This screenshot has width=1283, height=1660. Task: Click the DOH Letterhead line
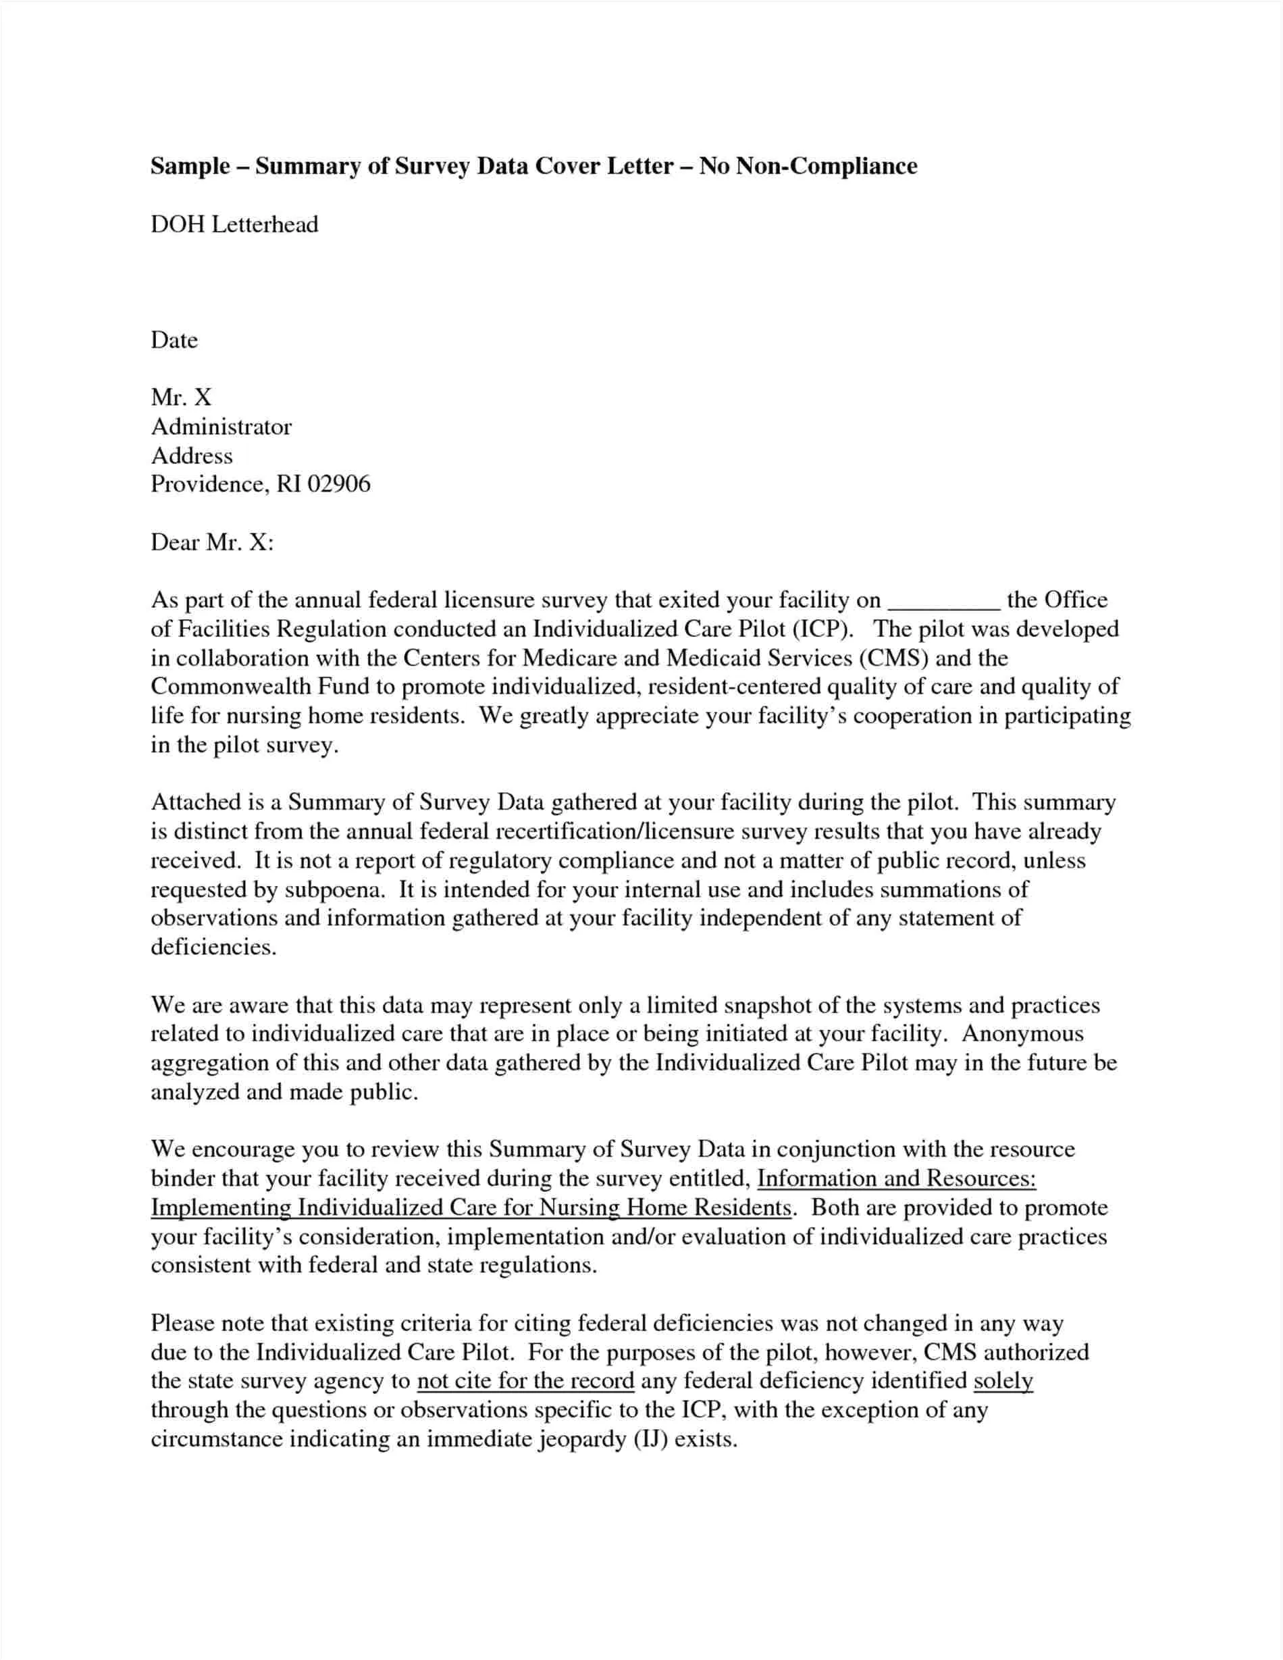(234, 224)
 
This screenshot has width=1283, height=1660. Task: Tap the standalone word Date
(174, 340)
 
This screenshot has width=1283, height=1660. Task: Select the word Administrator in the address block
(221, 426)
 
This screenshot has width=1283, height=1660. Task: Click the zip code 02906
(338, 484)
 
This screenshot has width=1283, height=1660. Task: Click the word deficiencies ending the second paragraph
(212, 947)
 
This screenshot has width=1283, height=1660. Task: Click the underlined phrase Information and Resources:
(897, 1179)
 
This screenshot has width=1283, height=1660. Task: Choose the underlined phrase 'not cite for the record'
(526, 1381)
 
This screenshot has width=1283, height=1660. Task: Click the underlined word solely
(1003, 1381)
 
